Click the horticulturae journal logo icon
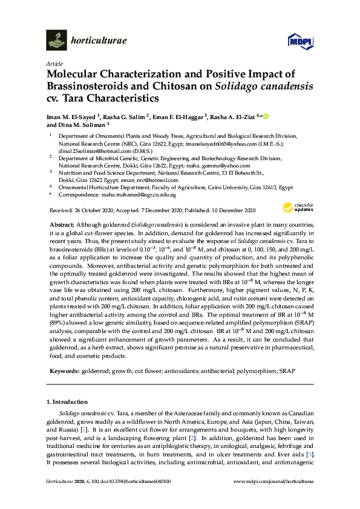click(x=56, y=41)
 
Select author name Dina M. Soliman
click(x=83, y=125)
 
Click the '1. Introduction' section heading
click(x=67, y=402)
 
